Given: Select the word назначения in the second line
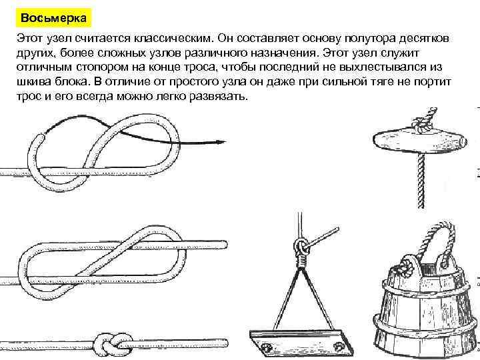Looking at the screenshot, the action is [283, 53].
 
